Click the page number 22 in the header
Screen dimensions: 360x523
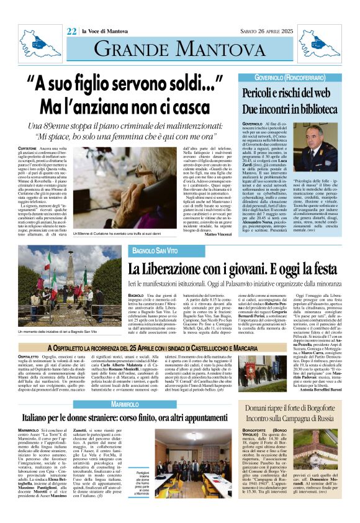72,31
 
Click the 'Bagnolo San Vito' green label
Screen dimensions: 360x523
152,250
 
